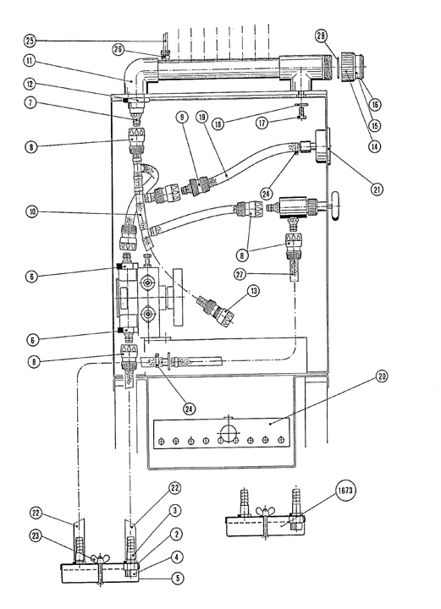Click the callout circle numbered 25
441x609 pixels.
point(30,41)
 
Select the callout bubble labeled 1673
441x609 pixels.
point(345,491)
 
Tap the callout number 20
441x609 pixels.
point(381,376)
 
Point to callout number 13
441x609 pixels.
point(253,290)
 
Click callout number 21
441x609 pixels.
point(377,189)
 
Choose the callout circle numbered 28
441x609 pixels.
point(321,36)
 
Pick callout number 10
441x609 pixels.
point(33,212)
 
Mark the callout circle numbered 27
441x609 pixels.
point(240,274)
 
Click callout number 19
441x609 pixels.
point(202,117)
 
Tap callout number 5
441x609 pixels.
point(178,579)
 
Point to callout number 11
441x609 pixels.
point(30,62)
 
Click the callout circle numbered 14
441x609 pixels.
point(375,146)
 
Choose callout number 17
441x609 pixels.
point(262,123)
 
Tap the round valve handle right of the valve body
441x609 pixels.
point(335,207)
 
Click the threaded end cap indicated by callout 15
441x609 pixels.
point(353,68)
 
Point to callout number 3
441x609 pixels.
point(175,510)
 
